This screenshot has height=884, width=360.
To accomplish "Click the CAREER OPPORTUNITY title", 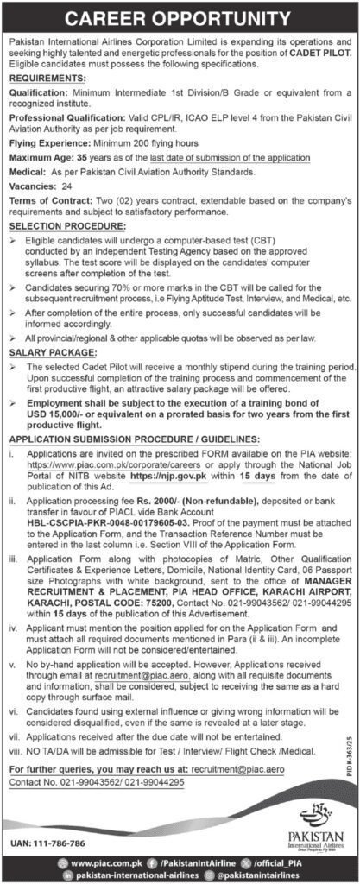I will (x=180, y=16).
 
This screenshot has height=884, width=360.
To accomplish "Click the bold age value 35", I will (x=81, y=155).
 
